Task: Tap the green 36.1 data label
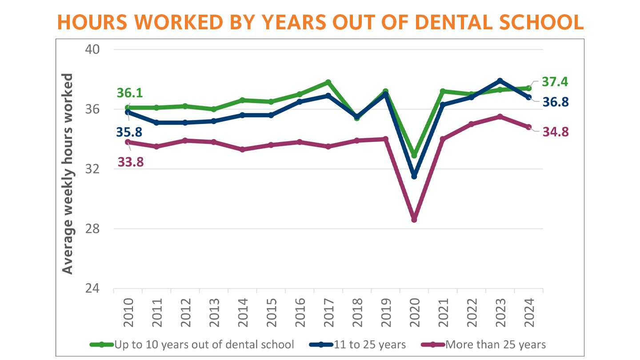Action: coord(130,93)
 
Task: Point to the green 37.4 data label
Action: coord(555,82)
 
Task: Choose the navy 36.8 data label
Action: coord(555,102)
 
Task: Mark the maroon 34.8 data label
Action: coord(555,132)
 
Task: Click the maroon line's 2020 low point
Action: coord(414,220)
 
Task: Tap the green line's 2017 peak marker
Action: coord(328,82)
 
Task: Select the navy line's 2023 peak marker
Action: coord(500,80)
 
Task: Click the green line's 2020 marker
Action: coord(414,155)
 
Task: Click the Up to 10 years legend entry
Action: coord(192,344)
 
